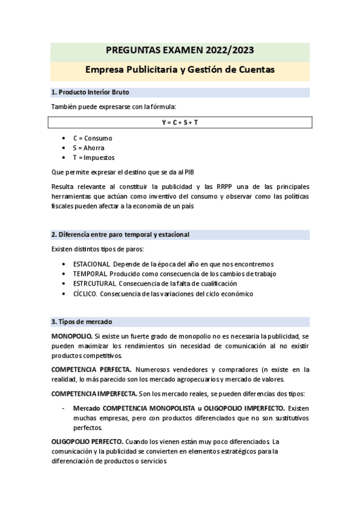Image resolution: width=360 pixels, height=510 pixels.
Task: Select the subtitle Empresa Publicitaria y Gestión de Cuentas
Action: click(x=180, y=70)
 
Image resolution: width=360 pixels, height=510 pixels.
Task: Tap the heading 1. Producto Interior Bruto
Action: click(x=90, y=92)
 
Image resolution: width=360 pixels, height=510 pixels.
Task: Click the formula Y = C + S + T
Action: click(x=180, y=122)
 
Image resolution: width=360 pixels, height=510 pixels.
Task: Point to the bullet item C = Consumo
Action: click(x=93, y=138)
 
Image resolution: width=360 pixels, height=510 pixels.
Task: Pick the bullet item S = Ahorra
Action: click(x=88, y=147)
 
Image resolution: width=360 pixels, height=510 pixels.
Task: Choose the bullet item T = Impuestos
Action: click(x=94, y=157)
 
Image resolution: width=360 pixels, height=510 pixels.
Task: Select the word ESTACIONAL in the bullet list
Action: click(x=91, y=264)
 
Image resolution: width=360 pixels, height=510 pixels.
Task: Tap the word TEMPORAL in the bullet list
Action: click(x=90, y=274)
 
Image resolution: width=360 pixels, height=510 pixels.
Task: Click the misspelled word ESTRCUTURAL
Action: click(x=95, y=283)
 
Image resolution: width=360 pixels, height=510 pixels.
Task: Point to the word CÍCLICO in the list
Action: click(x=85, y=293)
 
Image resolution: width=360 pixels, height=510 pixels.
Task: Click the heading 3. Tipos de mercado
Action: click(x=82, y=322)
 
